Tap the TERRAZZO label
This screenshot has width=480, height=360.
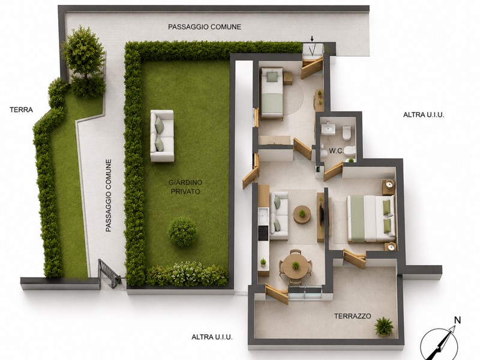[x=353, y=316]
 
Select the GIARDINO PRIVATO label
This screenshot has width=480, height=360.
[x=185, y=187]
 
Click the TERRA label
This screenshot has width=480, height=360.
[x=21, y=110]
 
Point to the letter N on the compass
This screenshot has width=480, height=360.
[x=457, y=320]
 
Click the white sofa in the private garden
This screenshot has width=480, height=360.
[x=162, y=136]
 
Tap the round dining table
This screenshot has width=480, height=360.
[x=295, y=265]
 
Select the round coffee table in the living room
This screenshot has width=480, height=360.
[x=302, y=214]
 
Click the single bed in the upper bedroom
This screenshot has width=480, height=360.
[x=272, y=93]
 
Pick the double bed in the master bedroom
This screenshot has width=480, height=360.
[x=370, y=219]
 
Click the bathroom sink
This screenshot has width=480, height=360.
[x=328, y=128]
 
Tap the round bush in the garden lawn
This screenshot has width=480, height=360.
[x=182, y=232]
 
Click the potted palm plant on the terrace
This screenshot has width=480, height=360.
[x=383, y=326]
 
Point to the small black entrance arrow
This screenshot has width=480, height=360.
[x=312, y=39]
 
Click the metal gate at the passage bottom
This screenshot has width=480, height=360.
[x=109, y=274]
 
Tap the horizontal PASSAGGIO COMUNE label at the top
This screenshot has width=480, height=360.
[x=205, y=27]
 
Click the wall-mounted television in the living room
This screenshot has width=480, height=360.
[x=321, y=215]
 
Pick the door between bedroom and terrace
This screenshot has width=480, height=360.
[x=355, y=259]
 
